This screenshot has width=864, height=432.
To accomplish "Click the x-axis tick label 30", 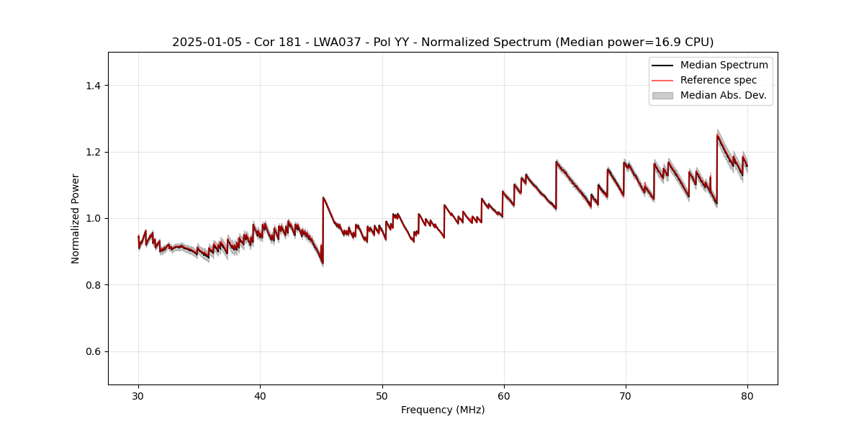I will click(x=138, y=395).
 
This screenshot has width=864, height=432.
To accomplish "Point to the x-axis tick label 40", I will click(x=260, y=395).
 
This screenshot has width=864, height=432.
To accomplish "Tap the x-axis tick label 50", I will click(x=382, y=395).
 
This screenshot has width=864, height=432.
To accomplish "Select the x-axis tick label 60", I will click(x=504, y=395).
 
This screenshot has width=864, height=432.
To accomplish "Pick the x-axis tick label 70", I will click(x=626, y=395).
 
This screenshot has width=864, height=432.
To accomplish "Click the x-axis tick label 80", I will click(x=747, y=395).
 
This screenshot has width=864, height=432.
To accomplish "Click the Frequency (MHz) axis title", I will click(x=443, y=410).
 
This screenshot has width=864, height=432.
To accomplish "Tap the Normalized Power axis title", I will click(x=76, y=218).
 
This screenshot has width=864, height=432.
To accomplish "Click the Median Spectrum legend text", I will click(x=724, y=65).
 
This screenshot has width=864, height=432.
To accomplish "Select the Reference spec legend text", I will click(x=718, y=80).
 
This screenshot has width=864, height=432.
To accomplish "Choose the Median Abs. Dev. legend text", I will click(x=723, y=95).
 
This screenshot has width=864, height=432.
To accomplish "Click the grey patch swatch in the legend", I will click(x=662, y=95).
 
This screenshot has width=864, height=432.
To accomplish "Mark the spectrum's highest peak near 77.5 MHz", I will click(x=718, y=135).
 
